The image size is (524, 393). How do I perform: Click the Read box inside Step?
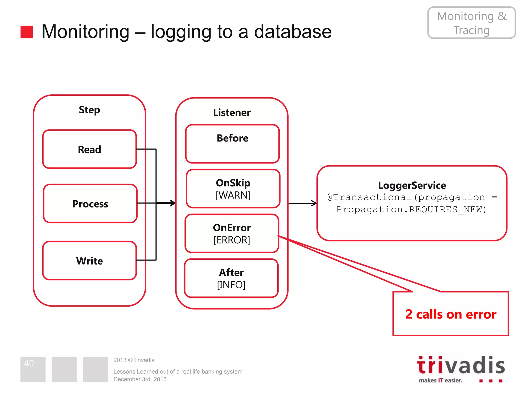click(90, 149)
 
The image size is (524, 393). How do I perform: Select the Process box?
click(90, 204)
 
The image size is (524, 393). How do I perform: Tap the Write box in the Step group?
click(90, 261)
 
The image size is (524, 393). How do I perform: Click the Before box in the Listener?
click(232, 144)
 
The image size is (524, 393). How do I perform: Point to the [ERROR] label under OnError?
click(232, 240)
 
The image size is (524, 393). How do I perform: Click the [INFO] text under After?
click(231, 285)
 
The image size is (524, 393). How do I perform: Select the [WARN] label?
click(233, 195)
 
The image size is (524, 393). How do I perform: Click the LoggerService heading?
click(412, 185)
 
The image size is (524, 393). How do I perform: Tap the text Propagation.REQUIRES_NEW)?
click(411, 210)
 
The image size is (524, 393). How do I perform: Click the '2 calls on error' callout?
click(451, 314)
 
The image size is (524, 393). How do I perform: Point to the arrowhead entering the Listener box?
click(173, 203)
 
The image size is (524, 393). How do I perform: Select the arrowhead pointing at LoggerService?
click(314, 203)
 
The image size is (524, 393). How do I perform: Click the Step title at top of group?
click(89, 110)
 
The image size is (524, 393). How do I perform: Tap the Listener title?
click(232, 113)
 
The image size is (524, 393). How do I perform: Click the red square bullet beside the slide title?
click(27, 32)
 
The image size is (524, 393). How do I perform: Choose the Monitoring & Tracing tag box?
click(472, 23)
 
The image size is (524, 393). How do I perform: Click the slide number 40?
click(29, 363)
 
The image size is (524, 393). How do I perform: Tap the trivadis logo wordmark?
click(461, 365)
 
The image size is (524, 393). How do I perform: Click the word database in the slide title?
click(293, 32)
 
